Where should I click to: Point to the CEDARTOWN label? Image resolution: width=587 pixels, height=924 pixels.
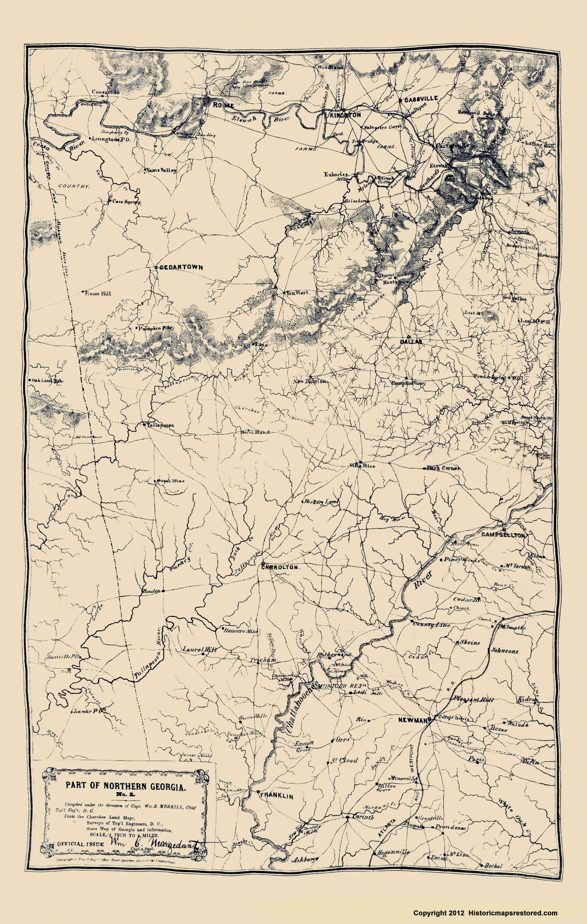coord(175,267)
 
